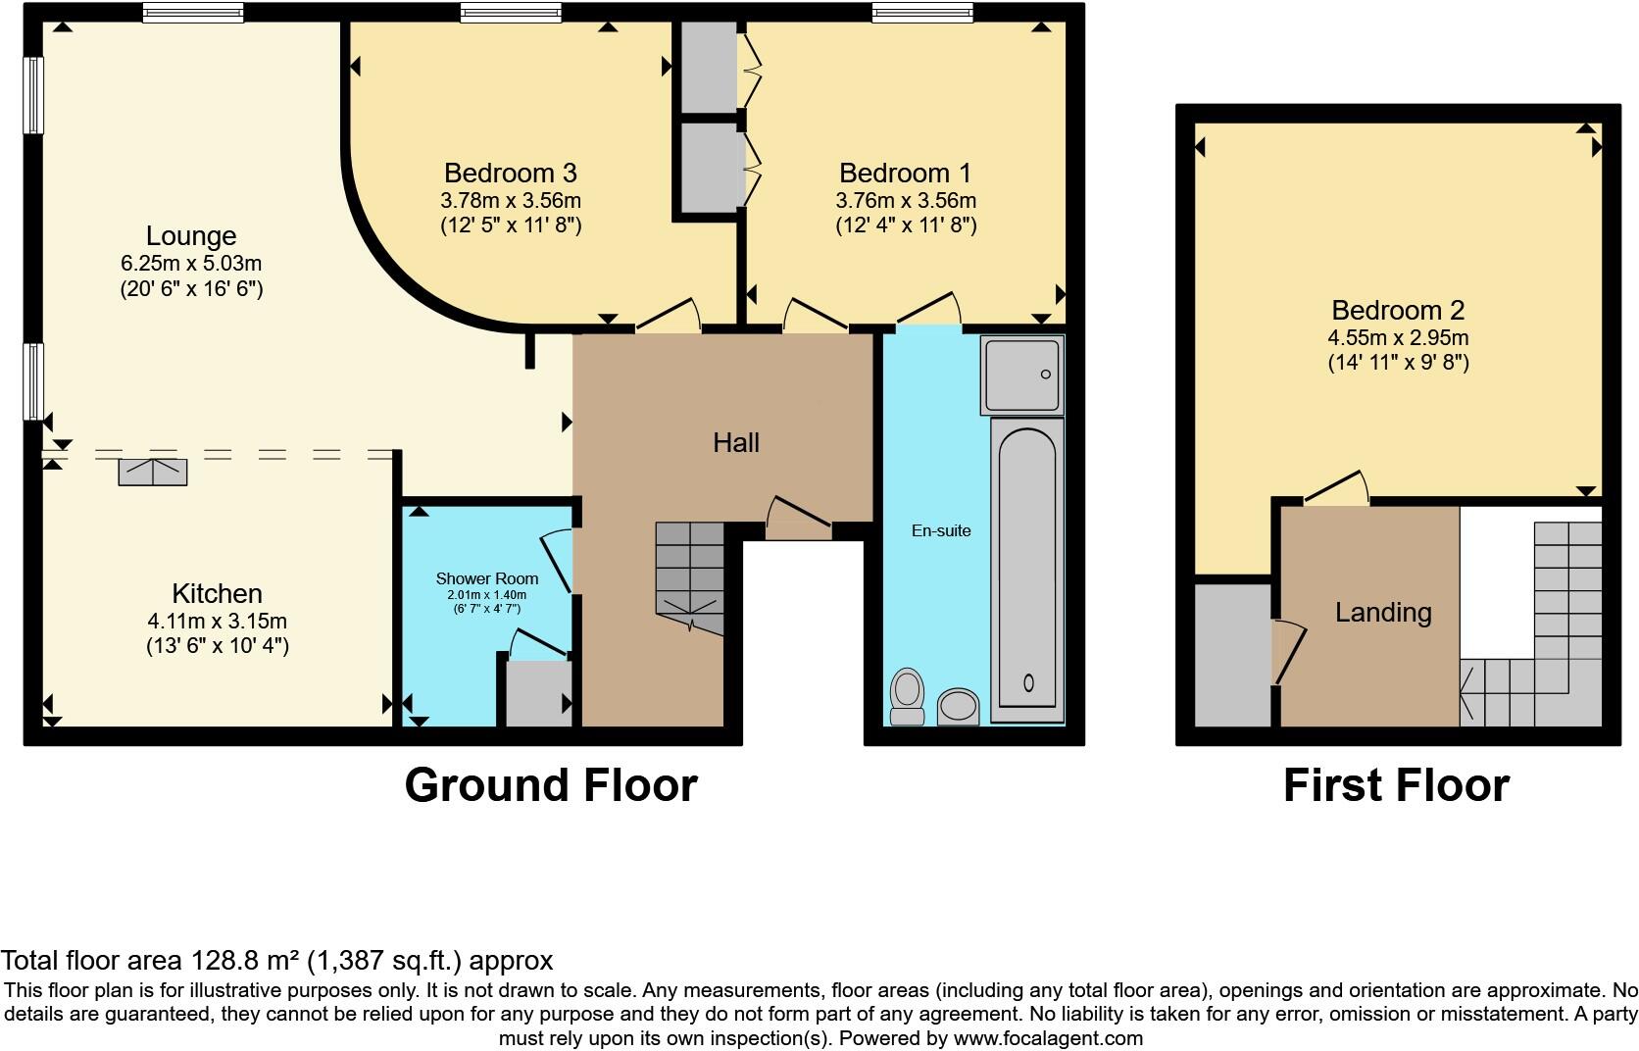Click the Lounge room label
[191, 236]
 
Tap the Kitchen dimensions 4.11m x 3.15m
[217, 621]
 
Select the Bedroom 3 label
[510, 174]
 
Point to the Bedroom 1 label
[905, 174]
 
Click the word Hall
[736, 443]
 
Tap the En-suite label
[941, 530]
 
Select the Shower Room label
[486, 578]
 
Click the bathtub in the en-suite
[1027, 569]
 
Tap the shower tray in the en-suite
[1021, 375]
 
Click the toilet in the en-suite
[908, 694]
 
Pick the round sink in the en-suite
[959, 706]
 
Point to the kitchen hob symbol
[153, 472]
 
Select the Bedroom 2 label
[1397, 311]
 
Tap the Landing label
[1383, 613]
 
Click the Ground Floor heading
[550, 786]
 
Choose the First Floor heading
[1396, 786]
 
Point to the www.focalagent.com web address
[1047, 1038]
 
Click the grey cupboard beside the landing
[1232, 655]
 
